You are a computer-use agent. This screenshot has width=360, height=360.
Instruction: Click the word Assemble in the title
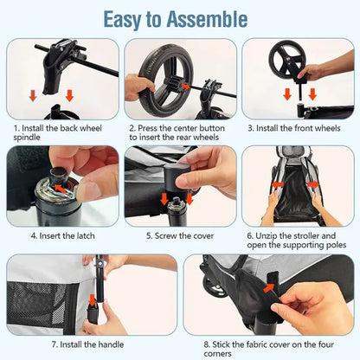tap(207, 19)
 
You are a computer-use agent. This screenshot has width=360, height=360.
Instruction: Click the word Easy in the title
tap(122, 20)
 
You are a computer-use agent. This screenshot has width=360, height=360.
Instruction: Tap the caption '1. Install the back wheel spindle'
tap(58, 132)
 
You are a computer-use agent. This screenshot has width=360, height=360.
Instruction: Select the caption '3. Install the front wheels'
tap(294, 128)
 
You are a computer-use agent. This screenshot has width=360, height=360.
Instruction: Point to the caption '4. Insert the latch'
tap(63, 236)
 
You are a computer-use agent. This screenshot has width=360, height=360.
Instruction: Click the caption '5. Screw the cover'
tap(180, 236)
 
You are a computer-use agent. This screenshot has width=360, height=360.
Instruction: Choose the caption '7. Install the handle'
tap(87, 344)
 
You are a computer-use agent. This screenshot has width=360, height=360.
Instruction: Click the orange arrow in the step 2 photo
tap(186, 87)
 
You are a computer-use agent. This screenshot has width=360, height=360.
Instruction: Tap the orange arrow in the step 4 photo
tap(61, 189)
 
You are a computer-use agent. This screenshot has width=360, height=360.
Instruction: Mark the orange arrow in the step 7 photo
tap(93, 300)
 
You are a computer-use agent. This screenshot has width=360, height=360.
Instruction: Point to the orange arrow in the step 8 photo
tap(269, 288)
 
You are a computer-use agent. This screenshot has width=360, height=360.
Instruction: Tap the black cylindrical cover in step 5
tap(177, 177)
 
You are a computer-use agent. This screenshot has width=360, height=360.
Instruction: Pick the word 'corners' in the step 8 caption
tap(217, 354)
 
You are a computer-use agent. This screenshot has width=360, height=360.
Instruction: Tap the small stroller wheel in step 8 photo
tap(214, 287)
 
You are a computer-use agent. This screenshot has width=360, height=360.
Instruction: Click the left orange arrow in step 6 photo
tap(278, 184)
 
